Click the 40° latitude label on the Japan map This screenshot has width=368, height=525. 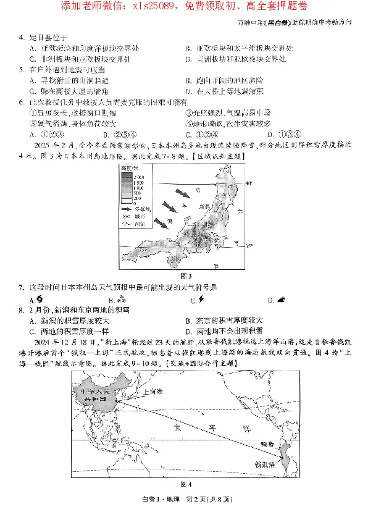click(249, 183)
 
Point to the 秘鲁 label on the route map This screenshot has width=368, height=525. click(266, 443)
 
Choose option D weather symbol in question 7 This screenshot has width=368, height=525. click(281, 300)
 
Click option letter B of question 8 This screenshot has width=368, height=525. click(188, 320)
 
